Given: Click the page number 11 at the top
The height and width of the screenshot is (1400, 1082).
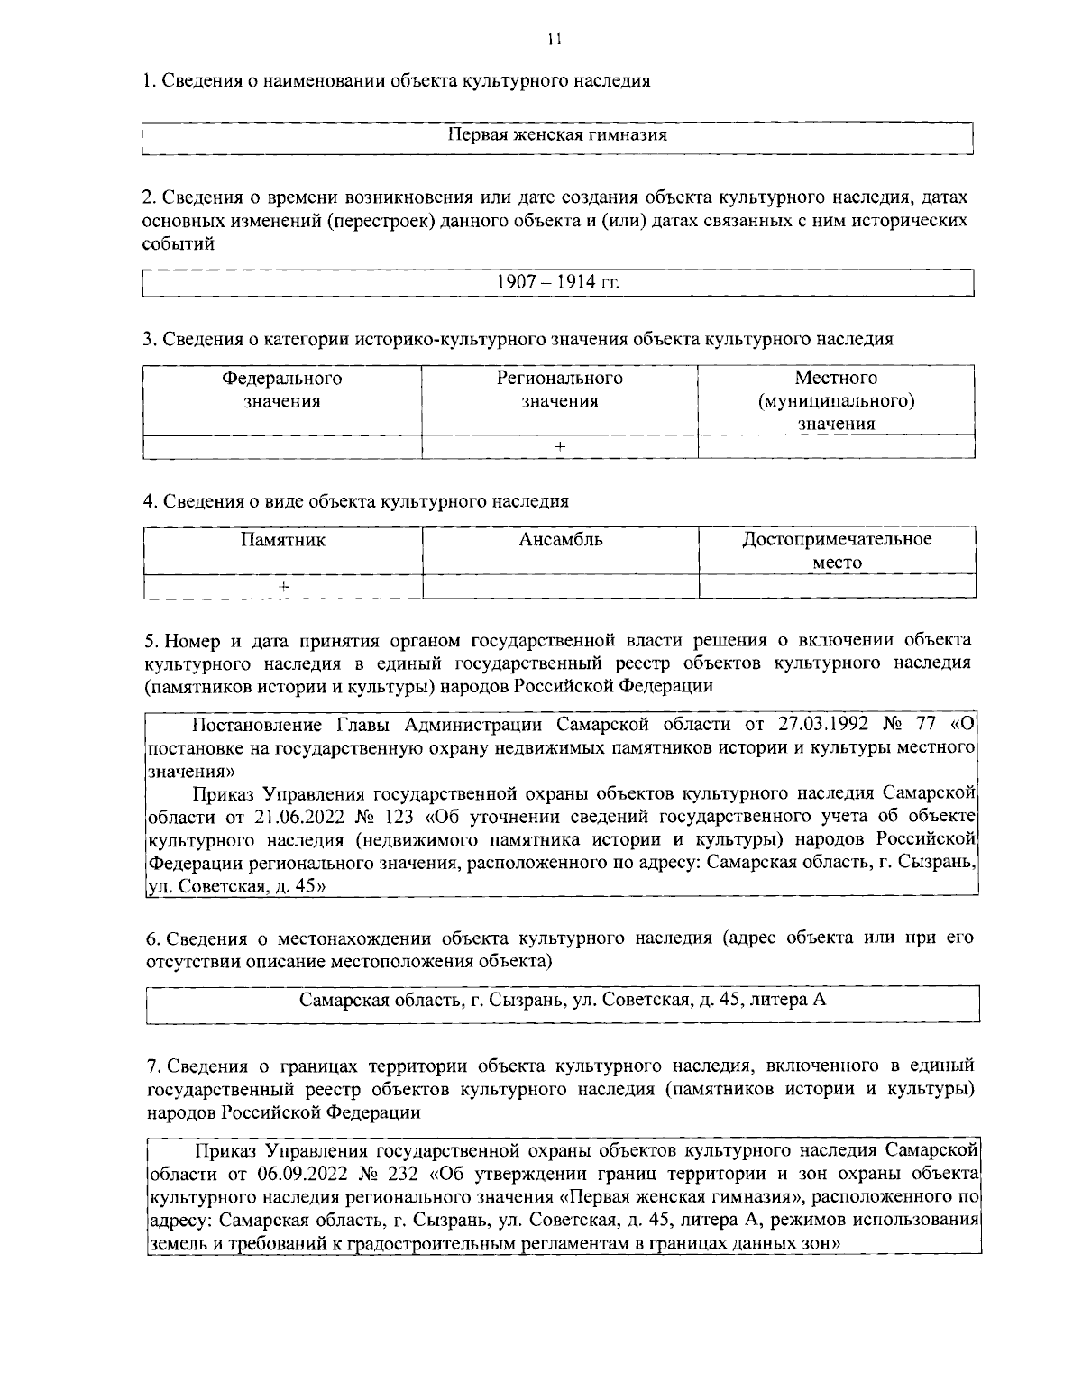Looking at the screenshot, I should coord(553,38).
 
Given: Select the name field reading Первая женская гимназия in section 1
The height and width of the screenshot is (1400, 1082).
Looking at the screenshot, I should coord(558,136).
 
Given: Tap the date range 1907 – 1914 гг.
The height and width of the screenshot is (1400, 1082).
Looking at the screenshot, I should coord(558,282).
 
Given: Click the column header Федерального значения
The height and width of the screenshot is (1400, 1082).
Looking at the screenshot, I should coord(282,389).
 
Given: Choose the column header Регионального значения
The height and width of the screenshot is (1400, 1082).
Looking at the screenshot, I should coord(560,389).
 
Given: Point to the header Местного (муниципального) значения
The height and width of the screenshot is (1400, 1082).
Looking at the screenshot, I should coord(836,400).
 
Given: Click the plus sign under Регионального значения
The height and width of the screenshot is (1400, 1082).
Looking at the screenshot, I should coord(560,447).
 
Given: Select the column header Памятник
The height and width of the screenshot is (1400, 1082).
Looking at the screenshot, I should coord(282,540).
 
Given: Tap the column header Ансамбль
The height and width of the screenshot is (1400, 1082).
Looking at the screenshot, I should coord(560,540).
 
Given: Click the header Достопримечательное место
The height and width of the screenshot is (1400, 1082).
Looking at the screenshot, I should coord(836,551).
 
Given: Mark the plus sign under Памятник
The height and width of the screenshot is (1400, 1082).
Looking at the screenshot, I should coord(283,586).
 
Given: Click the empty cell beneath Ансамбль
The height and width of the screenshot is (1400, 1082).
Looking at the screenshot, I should coord(560,586).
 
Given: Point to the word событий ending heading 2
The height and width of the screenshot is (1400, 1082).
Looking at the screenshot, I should coord(179,243).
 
